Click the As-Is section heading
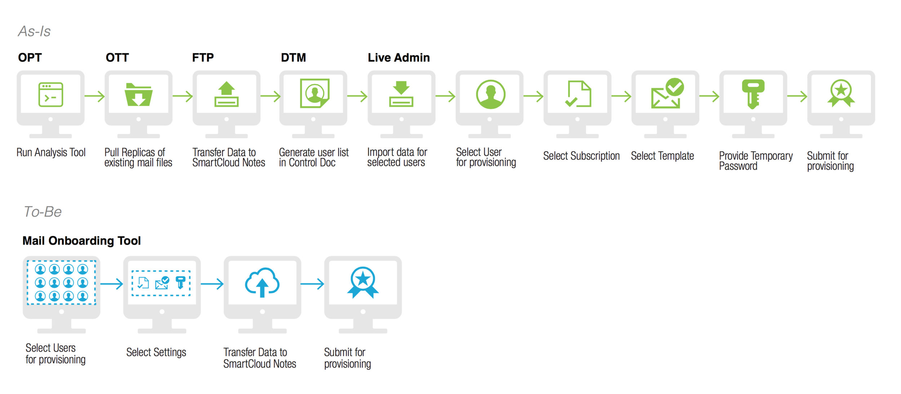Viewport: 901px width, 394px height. [34, 31]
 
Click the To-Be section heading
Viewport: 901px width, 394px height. [43, 212]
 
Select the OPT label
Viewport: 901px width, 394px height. [30, 58]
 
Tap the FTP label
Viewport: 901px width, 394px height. [203, 58]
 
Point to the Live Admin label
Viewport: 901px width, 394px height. [399, 58]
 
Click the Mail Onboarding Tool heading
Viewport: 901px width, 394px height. [81, 241]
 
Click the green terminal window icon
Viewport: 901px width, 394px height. [51, 95]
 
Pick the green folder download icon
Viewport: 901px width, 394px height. [138, 95]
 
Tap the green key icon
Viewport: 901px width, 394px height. [753, 94]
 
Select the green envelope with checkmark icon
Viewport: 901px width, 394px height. [667, 94]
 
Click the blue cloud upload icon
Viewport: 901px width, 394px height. [262, 283]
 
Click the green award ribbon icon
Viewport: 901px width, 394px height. [841, 93]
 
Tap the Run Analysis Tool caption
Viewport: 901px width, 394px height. [51, 152]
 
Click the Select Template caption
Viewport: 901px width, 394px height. [662, 156]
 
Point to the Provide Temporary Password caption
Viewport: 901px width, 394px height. [755, 161]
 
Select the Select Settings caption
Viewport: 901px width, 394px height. [156, 352]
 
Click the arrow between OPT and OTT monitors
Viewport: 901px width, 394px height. [95, 96]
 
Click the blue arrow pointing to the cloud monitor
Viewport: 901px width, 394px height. [212, 284]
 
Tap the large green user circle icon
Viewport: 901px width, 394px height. [491, 94]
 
